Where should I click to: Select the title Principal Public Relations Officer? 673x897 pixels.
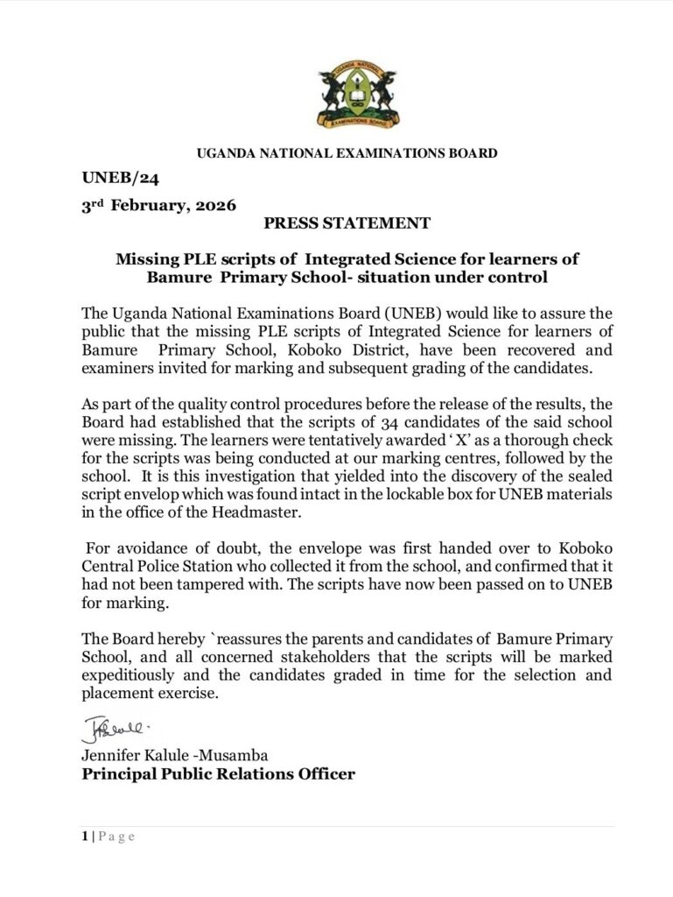point(218,774)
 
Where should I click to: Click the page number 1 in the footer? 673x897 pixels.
point(85,837)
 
